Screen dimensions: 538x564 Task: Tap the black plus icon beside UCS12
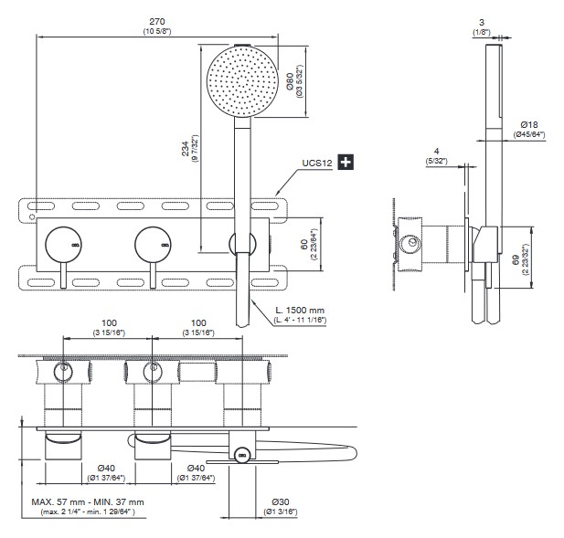click(346, 163)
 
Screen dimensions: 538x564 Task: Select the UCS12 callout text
click(316, 164)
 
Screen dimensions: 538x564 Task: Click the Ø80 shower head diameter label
click(289, 84)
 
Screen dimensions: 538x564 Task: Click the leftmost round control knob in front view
click(63, 244)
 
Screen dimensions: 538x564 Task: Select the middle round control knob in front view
click(153, 244)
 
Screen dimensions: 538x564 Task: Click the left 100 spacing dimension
click(109, 324)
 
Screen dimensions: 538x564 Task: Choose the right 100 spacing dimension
click(197, 324)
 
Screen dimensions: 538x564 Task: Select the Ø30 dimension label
click(281, 503)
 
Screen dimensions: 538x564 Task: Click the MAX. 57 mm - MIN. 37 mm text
click(87, 502)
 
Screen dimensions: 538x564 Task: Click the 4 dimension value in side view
click(438, 152)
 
